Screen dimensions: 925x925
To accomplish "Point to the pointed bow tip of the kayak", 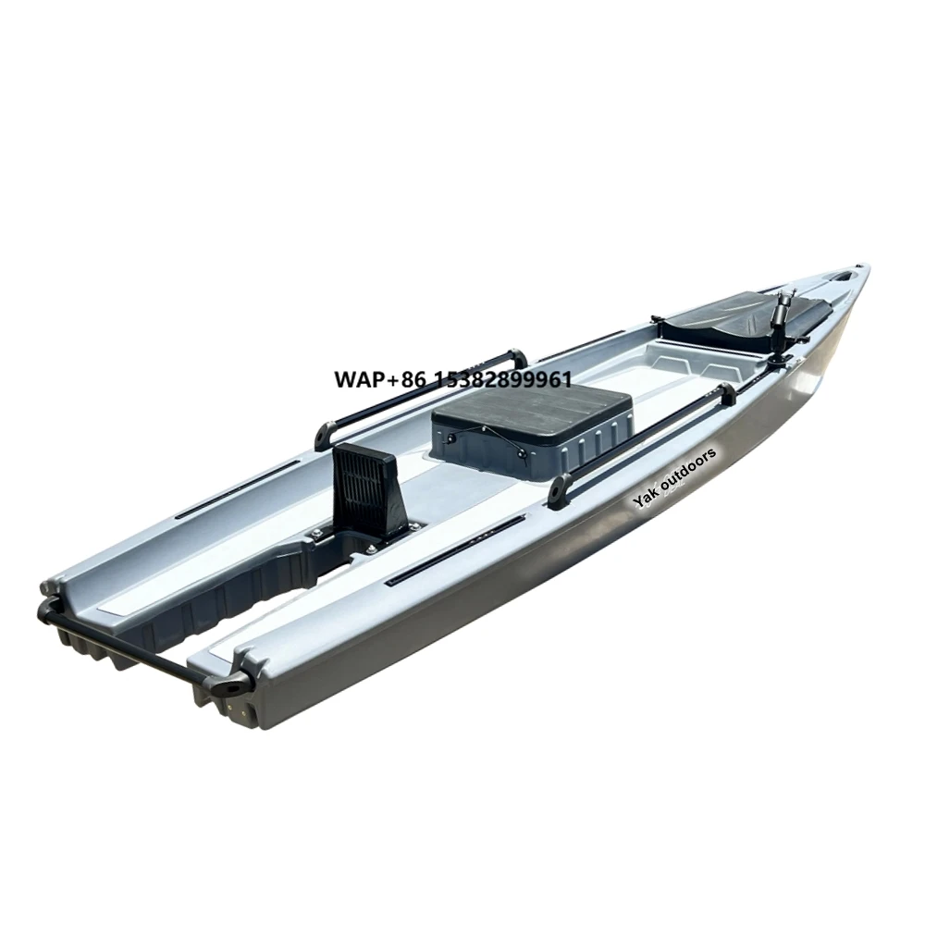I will tap(865, 271).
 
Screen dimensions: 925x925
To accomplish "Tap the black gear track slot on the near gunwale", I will tap(453, 551).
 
